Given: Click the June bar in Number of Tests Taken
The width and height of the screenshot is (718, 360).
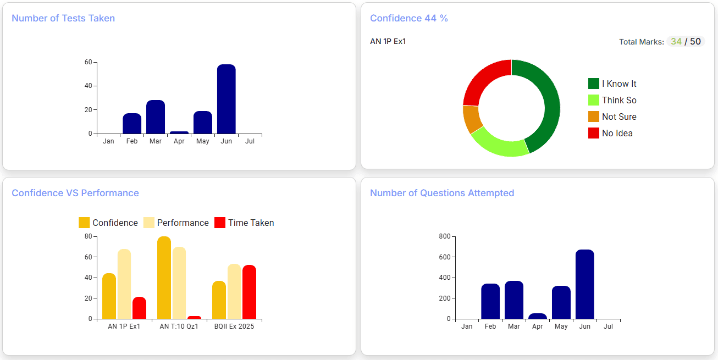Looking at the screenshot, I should coord(226,99).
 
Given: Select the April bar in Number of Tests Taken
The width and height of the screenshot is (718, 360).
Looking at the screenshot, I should coord(179,132).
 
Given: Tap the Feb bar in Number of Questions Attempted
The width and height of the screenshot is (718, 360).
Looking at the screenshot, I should coord(490,301).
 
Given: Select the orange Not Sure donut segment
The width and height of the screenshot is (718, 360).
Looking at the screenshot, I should coord(472,119).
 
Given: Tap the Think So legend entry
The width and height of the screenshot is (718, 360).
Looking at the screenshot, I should coord(612,100).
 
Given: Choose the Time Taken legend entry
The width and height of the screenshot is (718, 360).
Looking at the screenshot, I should coord(244,223).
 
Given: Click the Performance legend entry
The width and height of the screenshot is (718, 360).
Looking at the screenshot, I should coord(176,223).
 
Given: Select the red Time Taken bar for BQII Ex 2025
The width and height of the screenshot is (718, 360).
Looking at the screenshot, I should coord(249,292).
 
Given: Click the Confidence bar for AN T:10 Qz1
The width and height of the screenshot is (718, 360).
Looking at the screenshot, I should coord(164,278).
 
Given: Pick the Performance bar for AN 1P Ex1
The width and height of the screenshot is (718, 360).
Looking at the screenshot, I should coord(124,284).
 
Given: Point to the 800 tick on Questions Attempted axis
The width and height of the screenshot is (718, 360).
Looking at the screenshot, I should coord(445,236).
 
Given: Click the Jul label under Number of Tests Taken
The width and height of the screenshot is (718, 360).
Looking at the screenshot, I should coord(250,141).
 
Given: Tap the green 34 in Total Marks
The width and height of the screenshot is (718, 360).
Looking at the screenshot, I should coord(676,42).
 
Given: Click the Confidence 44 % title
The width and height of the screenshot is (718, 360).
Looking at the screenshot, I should coord(408,18).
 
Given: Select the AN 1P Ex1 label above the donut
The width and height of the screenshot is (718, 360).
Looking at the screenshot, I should coord(388,41).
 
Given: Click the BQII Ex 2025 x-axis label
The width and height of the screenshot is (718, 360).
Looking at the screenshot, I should coord(234,326).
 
